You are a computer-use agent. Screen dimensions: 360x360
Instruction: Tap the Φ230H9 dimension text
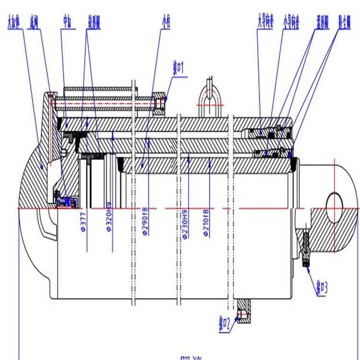[x=184, y=224]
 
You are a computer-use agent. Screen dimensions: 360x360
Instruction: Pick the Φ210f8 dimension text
[x=206, y=224]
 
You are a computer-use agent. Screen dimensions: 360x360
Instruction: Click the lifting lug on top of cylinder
[x=209, y=98]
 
